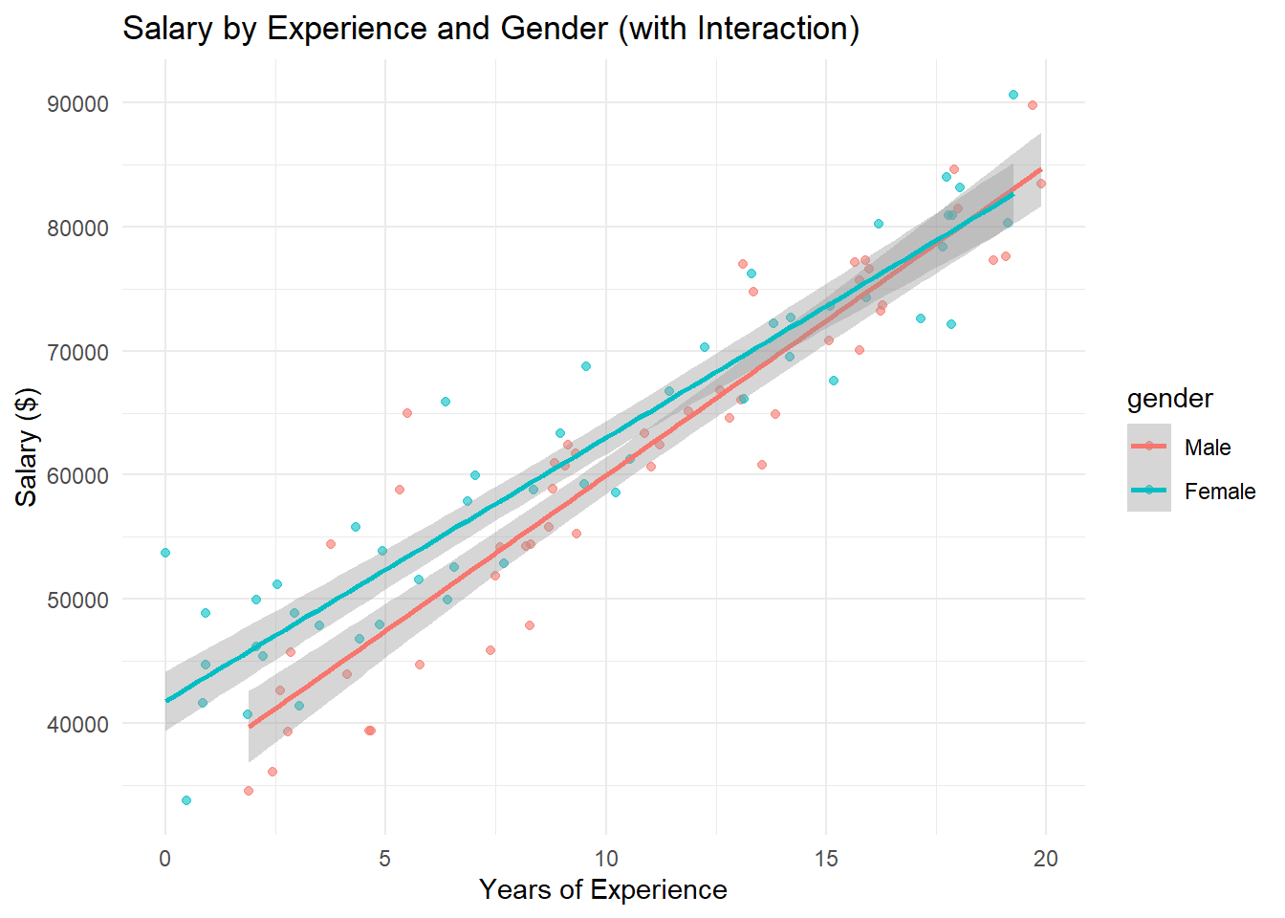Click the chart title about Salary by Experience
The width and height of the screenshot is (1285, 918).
pos(490,29)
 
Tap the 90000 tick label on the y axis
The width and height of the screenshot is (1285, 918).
pos(77,103)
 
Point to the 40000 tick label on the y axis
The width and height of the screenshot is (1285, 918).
pos(77,724)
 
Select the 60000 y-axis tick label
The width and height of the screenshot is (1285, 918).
pos(77,475)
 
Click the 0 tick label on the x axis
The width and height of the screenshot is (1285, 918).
pos(165,859)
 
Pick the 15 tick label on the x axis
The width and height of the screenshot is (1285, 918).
pos(826,859)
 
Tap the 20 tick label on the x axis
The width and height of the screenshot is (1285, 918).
pos(1046,859)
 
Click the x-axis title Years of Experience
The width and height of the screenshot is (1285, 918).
pos(602,890)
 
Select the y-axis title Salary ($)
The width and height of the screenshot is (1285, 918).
pos(27,447)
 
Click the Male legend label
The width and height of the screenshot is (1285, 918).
pos(1208,448)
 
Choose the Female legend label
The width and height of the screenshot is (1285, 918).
pos(1220,492)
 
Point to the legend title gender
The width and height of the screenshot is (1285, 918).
pos(1169,399)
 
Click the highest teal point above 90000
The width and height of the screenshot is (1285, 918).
pos(1013,95)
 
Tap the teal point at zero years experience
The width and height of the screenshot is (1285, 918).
pos(165,553)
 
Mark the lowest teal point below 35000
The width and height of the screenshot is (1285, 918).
pos(186,800)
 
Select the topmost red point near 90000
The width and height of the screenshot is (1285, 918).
pos(1033,105)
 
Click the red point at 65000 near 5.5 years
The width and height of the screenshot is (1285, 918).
pos(407,413)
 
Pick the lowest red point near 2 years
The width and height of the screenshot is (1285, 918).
pos(249,791)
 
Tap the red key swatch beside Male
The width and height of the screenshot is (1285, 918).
pos(1149,447)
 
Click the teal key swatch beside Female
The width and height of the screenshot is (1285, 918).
pos(1149,491)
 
